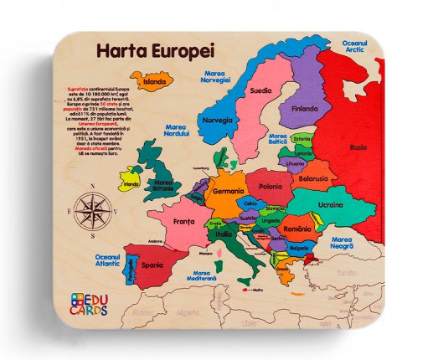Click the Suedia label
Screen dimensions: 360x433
pos(260,90)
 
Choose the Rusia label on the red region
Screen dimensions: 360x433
pos(358,147)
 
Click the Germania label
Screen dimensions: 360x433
pos(228,191)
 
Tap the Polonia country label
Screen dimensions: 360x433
pos(270,187)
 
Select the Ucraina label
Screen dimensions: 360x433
pos(330,204)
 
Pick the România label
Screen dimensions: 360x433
pos(296,228)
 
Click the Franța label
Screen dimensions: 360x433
pos(183,222)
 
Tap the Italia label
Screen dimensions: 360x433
pos(224,234)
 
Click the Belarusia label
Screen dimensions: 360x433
pos(312,178)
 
